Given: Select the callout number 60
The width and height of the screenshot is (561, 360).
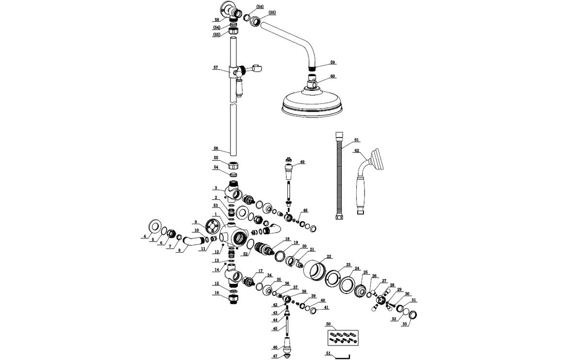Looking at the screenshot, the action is (x=332, y=76).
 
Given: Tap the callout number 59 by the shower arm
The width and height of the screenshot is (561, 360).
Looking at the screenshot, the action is (x=332, y=63).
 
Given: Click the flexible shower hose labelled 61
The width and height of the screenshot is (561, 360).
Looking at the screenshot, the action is (x=338, y=177).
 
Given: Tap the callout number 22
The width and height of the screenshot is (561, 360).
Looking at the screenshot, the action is (x=329, y=256).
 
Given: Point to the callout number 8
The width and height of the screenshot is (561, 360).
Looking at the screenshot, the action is (x=179, y=250).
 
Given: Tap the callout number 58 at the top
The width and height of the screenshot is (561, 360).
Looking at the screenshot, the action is (x=216, y=20).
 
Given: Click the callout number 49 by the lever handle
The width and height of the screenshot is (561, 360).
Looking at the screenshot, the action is (x=302, y=162).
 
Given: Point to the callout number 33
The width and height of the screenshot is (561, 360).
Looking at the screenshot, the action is (x=404, y=324).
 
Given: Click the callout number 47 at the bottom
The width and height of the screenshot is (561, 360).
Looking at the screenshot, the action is (x=275, y=356).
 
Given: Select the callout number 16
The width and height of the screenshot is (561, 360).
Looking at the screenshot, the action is (x=216, y=293).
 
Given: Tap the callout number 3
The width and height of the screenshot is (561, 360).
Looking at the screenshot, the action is (x=216, y=188).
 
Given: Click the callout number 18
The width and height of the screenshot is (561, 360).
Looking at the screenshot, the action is (x=287, y=239).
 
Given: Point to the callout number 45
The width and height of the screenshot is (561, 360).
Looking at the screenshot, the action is (x=275, y=328).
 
